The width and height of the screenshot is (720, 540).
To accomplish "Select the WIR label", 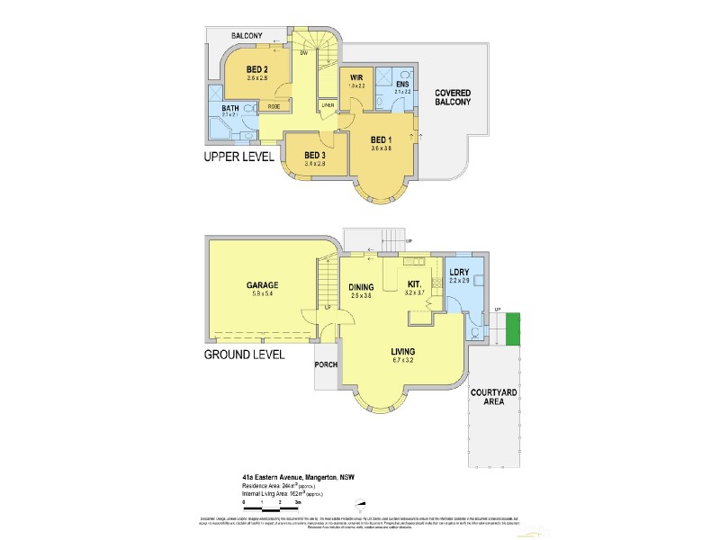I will (356, 78).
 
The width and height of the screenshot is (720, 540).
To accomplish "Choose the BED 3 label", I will (315, 155).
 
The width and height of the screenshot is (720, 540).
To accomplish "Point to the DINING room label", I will (361, 288).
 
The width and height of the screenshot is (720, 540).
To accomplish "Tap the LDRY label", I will (460, 273).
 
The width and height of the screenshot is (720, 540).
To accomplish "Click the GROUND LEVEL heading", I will (245, 355).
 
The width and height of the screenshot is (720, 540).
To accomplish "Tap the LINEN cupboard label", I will (329, 104).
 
